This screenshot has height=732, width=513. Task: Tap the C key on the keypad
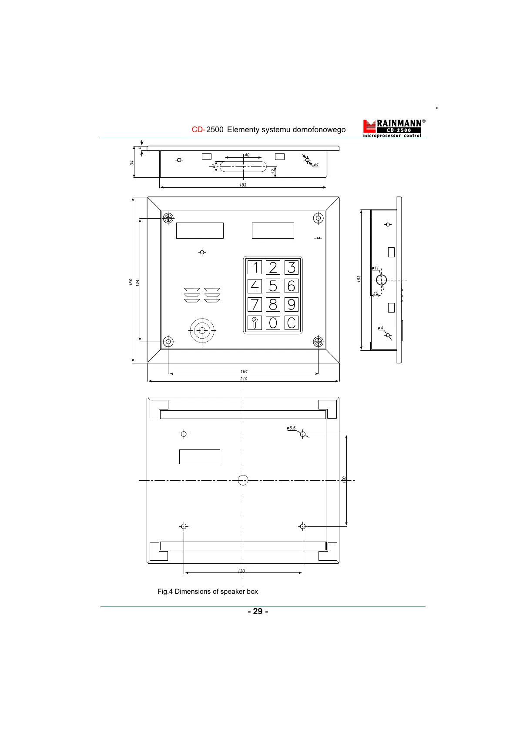click(x=291, y=323)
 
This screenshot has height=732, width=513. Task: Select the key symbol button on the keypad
click(x=255, y=323)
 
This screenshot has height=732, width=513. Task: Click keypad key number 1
click(x=255, y=267)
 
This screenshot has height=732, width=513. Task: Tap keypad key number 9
click(x=291, y=304)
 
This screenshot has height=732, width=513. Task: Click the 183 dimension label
click(x=243, y=185)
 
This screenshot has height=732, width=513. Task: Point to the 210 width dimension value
click(x=244, y=379)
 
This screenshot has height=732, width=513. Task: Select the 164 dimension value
click(x=244, y=372)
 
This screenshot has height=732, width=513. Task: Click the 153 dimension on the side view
click(x=359, y=279)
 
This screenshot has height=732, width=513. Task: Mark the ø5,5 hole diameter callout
click(x=291, y=429)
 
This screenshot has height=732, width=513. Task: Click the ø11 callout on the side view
click(x=375, y=269)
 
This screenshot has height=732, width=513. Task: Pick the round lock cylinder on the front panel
click(x=202, y=330)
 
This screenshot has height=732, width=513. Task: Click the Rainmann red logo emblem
click(x=369, y=126)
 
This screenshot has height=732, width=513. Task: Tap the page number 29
click(x=258, y=612)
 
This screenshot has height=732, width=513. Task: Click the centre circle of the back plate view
click(x=243, y=480)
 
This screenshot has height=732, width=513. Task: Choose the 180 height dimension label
click(x=131, y=282)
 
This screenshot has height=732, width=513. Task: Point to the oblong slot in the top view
click(x=243, y=166)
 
